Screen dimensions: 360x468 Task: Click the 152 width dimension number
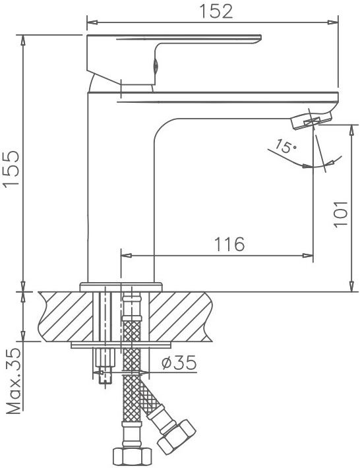216,11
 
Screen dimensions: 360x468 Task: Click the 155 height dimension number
11,168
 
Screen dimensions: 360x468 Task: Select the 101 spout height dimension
341,215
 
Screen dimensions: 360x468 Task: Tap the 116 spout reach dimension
229,244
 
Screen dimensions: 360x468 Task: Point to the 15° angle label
285,146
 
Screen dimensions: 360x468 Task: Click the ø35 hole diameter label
179,363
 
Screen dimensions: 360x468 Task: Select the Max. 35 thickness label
14,382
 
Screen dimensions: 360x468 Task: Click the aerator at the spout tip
311,120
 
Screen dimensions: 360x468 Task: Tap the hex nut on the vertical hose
132,455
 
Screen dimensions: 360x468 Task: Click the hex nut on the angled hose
177,436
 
